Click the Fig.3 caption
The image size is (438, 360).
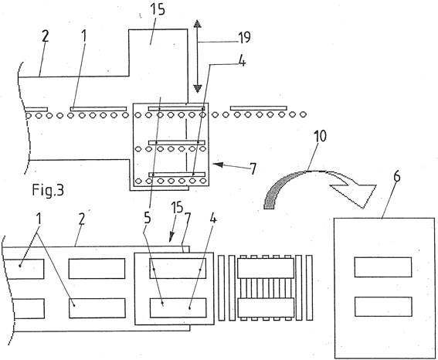48,190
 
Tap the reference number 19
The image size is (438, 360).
244,37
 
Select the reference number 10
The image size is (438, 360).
320,137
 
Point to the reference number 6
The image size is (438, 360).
396,176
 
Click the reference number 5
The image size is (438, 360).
148,218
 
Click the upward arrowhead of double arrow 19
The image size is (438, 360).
198,24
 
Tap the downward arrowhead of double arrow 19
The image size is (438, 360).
198,89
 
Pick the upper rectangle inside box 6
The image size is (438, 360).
383,267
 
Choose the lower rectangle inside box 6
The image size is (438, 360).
383,307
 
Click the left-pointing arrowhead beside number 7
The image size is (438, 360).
218,165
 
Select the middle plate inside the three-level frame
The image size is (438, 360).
177,143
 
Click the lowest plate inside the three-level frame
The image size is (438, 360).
177,175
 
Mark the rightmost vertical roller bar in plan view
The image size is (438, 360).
309,287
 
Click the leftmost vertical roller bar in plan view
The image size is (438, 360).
221,288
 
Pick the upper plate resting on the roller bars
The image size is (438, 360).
266,268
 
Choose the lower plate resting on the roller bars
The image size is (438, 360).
266,307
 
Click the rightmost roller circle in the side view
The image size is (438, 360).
303,114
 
